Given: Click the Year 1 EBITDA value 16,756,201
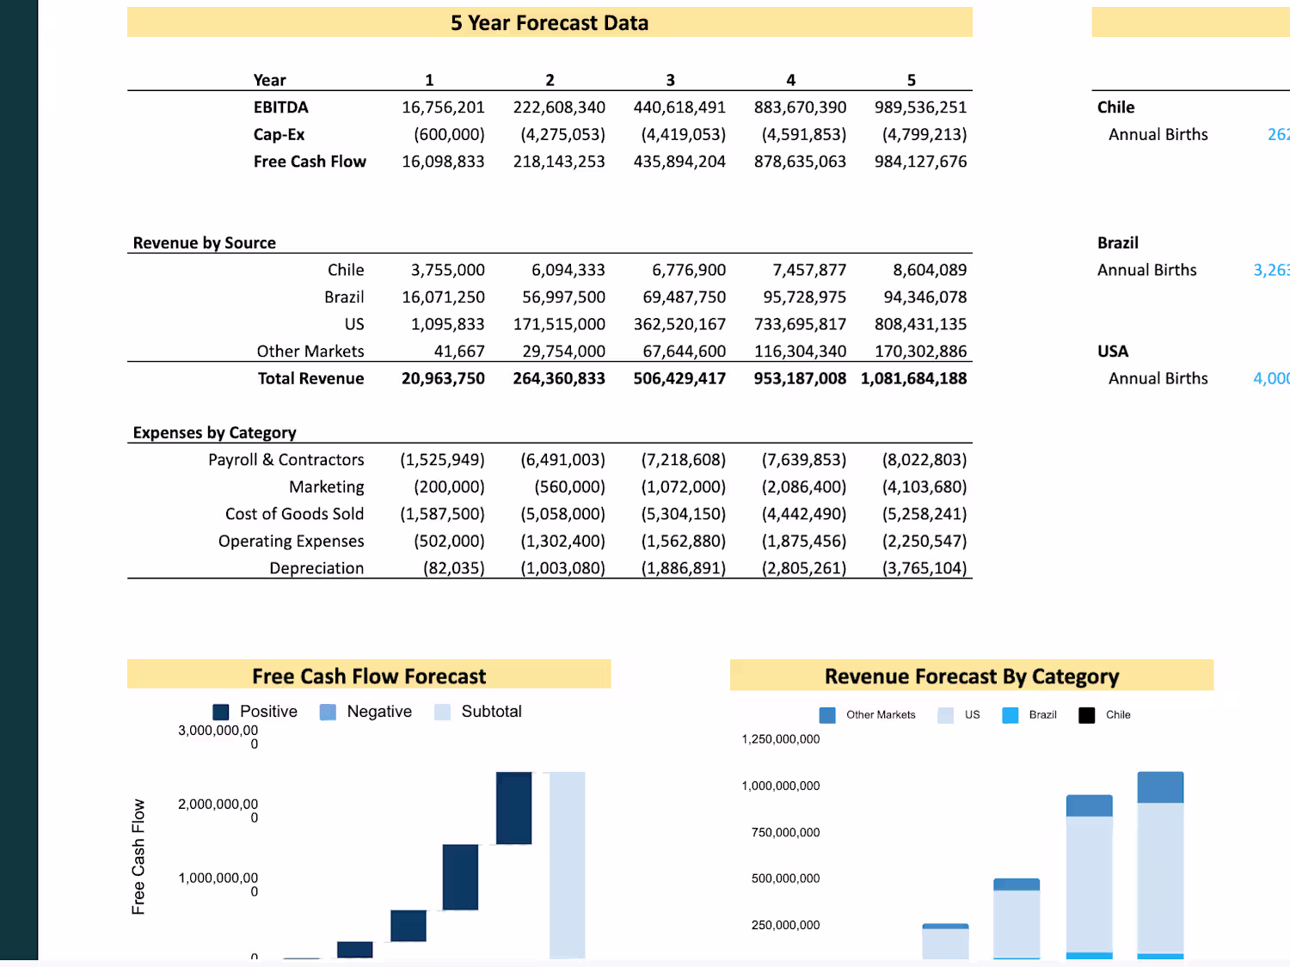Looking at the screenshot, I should point(443,107).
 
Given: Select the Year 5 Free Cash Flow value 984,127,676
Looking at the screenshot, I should point(920,162).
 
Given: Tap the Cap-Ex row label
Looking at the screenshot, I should point(279,135).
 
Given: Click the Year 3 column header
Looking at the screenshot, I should point(670,80).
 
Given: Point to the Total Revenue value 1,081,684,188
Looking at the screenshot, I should point(913,379).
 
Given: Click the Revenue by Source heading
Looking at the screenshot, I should point(205,243).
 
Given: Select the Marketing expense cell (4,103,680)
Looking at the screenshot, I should point(924,487).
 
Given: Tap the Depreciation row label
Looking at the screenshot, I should point(316,568).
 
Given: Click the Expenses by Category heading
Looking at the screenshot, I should point(214,433).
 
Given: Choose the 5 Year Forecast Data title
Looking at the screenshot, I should point(550,23).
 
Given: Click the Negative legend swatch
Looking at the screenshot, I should point(328,713).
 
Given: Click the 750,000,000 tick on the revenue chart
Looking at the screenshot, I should point(785,832).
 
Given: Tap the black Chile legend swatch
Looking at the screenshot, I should point(1087,715).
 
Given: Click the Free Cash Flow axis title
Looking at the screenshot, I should point(138,856).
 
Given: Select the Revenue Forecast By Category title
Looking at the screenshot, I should point(972,676).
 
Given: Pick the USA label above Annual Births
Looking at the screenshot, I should point(1113,352).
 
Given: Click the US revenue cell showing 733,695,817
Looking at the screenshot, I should point(800,325).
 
